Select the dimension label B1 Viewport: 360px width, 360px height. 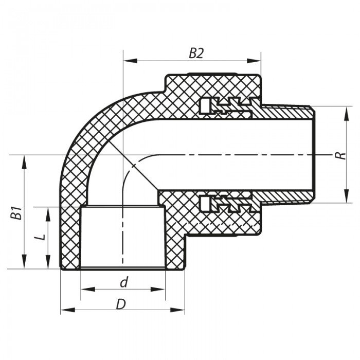tap(17, 212)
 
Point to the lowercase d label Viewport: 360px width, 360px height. tap(123, 282)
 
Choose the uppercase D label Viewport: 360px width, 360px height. tap(121, 304)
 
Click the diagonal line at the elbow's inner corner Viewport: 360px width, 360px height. tap(136, 167)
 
